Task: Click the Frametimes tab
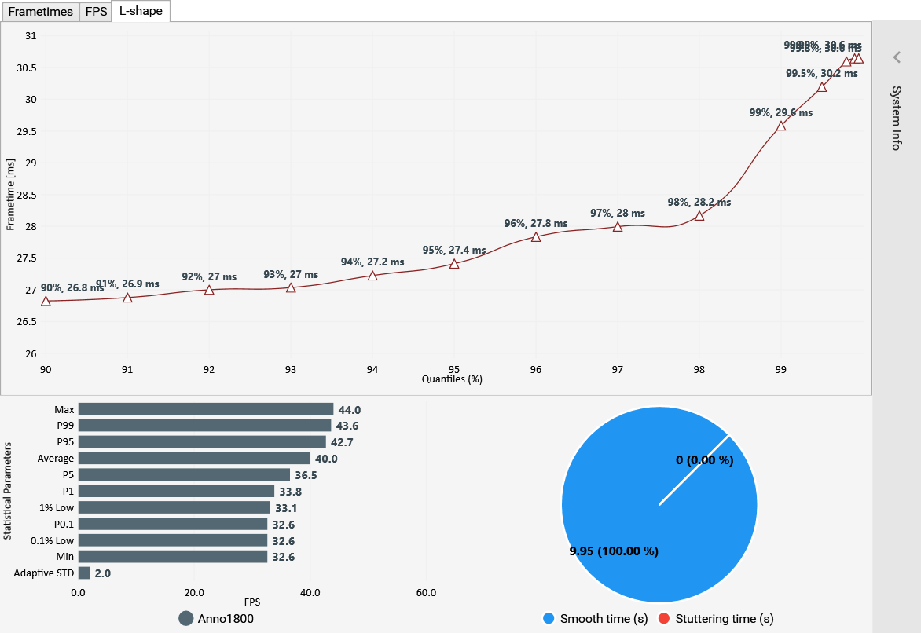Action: [40, 12]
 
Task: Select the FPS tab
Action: [96, 12]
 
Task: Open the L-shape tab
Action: [141, 12]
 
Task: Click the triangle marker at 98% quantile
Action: [699, 216]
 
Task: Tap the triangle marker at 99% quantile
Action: [781, 126]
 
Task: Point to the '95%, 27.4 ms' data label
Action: [454, 250]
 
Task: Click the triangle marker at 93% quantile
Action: [291, 288]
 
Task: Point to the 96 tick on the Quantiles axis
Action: [536, 369]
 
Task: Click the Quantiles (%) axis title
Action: [452, 379]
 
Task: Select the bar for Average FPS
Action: [194, 458]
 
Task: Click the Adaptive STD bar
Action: [84, 573]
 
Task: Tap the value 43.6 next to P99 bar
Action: [348, 426]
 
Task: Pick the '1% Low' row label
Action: [57, 507]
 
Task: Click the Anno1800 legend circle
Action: [186, 618]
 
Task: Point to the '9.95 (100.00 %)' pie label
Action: [614, 551]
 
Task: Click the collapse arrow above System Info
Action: [896, 57]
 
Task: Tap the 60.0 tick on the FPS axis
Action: [426, 592]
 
